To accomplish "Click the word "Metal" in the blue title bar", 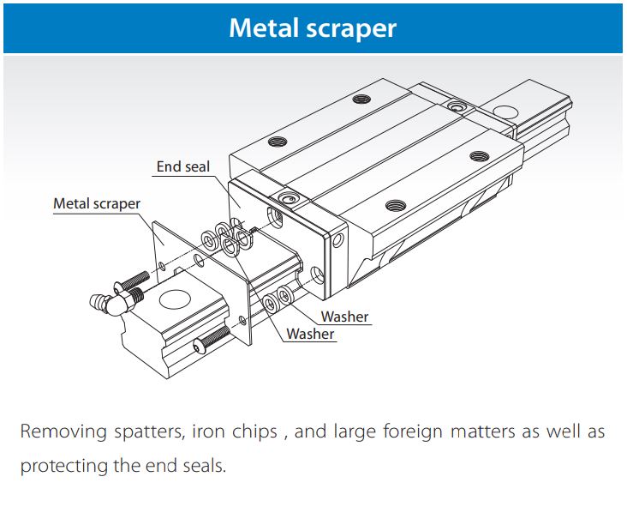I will point(261,27).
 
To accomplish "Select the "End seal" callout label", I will point(182,166).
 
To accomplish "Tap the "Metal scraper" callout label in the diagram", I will point(97,203).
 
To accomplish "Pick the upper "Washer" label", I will point(344,317).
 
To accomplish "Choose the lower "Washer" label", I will point(310,334).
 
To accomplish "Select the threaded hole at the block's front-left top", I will point(277,142).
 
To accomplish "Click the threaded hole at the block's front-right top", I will point(394,205).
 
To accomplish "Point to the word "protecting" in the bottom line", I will point(67,468).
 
